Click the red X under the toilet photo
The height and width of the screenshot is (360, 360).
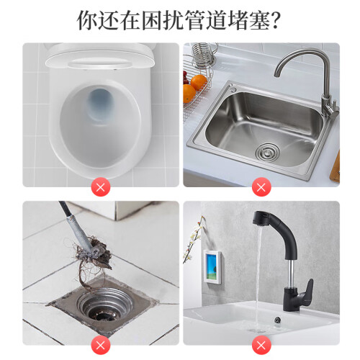(x=101, y=187)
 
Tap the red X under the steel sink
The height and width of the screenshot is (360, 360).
(x=261, y=187)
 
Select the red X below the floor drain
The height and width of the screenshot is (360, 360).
(x=101, y=345)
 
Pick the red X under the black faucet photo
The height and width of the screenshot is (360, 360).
(x=261, y=345)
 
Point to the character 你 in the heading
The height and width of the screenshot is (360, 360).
(x=87, y=20)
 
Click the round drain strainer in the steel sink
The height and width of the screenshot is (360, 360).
(x=267, y=151)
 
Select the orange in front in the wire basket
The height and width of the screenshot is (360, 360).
(x=189, y=93)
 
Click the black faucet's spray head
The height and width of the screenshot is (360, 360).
(x=261, y=218)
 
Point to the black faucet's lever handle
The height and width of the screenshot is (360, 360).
(x=309, y=289)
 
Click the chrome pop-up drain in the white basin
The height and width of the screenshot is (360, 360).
(x=278, y=320)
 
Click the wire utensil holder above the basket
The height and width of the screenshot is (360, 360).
(x=204, y=55)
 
